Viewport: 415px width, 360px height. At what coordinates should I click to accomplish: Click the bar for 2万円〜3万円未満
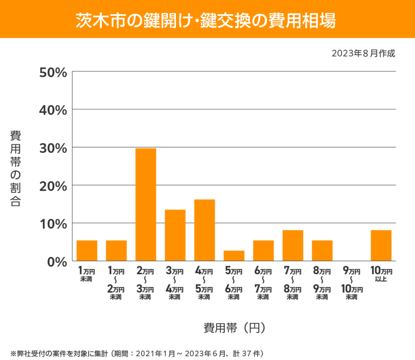pos(146,205)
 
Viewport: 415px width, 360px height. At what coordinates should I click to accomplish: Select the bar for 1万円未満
pos(87,251)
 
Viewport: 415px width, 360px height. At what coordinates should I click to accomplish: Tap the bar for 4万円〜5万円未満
pos(205,230)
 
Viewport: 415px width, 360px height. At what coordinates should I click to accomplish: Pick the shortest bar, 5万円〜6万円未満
pos(234,256)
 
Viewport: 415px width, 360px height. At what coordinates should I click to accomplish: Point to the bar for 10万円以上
pos(381,245)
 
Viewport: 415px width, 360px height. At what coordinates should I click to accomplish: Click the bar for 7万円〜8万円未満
pos(293,245)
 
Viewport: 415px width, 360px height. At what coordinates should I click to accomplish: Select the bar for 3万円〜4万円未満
pos(175,235)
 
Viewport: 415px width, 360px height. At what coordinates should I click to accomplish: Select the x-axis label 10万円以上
pos(381,274)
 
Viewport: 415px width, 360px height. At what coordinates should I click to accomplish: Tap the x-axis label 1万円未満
pos(87,274)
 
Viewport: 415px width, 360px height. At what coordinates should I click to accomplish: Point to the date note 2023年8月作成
pos(363,53)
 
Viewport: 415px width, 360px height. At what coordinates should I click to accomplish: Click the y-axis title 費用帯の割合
pos(15,168)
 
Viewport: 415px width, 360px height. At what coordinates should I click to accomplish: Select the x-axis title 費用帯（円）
pos(234,328)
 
